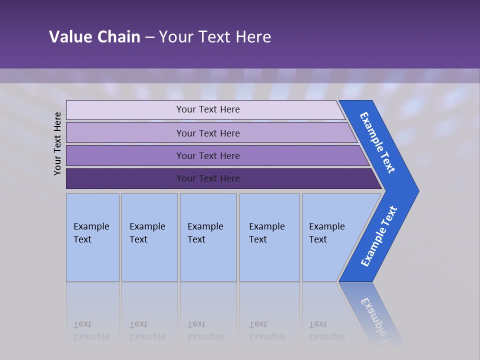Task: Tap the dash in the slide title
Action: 149,37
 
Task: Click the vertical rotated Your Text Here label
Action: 57,143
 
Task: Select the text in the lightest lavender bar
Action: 208,109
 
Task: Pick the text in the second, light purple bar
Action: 208,133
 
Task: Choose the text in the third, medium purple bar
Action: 208,156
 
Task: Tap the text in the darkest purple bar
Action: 208,178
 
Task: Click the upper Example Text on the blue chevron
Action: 377,142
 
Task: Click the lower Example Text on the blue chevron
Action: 378,236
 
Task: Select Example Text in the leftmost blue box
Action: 91,232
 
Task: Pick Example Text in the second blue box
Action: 147,232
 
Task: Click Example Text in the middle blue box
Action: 205,232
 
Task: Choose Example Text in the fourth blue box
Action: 266,232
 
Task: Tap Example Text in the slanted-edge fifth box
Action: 326,232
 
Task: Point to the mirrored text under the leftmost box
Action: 91,330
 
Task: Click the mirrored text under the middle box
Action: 205,330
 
